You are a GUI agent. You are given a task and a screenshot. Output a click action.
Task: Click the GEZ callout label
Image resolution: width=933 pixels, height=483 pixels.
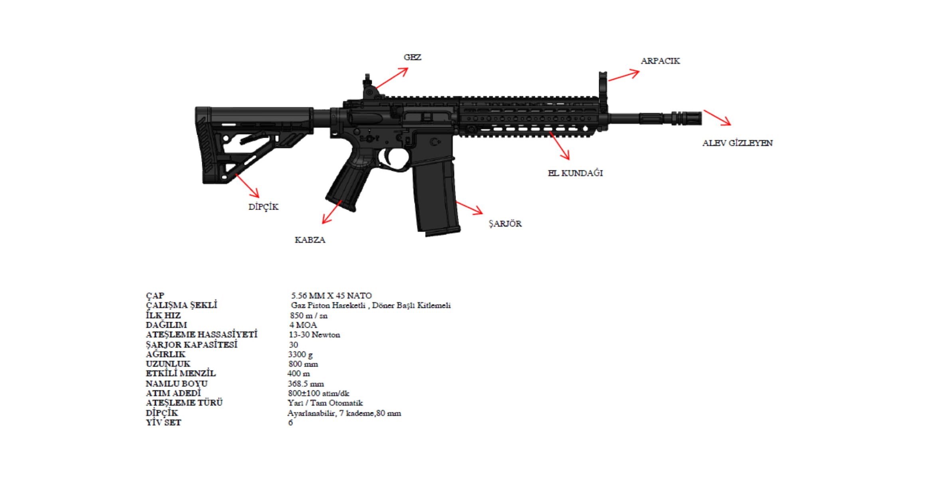pyautogui.click(x=412, y=57)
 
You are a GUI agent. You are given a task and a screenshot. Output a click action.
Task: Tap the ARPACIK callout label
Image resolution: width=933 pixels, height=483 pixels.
pyautogui.click(x=660, y=61)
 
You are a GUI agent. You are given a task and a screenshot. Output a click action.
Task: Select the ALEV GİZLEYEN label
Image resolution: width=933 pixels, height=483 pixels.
pyautogui.click(x=737, y=143)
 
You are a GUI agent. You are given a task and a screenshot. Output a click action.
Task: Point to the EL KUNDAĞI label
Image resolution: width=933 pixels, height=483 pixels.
pyautogui.click(x=575, y=173)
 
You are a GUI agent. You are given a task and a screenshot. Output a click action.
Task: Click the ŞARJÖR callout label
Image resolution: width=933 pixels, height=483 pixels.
pyautogui.click(x=505, y=224)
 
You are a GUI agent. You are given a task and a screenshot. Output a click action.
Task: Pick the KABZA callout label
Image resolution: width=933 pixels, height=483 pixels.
pyautogui.click(x=310, y=240)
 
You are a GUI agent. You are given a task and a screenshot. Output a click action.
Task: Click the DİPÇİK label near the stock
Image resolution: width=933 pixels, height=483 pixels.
pyautogui.click(x=263, y=207)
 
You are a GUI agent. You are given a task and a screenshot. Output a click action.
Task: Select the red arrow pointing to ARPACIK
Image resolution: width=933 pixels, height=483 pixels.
pyautogui.click(x=623, y=76)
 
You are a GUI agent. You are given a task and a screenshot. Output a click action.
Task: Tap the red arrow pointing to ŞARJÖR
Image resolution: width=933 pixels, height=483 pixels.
pyautogui.click(x=469, y=208)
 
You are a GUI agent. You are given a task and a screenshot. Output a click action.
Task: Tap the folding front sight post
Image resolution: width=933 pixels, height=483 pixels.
pyautogui.click(x=603, y=86)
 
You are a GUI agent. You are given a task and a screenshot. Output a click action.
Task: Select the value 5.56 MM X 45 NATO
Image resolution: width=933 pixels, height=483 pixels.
pyautogui.click(x=331, y=296)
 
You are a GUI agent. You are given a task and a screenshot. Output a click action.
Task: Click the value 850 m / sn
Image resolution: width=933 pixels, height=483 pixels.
pyautogui.click(x=309, y=315)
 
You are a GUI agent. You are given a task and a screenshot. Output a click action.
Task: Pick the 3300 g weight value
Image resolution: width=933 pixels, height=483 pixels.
pyautogui.click(x=300, y=354)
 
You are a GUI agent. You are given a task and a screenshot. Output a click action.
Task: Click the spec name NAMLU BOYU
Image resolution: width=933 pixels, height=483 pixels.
pyautogui.click(x=176, y=384)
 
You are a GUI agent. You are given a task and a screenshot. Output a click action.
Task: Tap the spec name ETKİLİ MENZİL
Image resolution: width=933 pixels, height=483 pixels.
pyautogui.click(x=180, y=374)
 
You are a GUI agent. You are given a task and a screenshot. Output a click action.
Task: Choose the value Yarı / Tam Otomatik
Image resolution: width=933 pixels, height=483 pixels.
pyautogui.click(x=325, y=403)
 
